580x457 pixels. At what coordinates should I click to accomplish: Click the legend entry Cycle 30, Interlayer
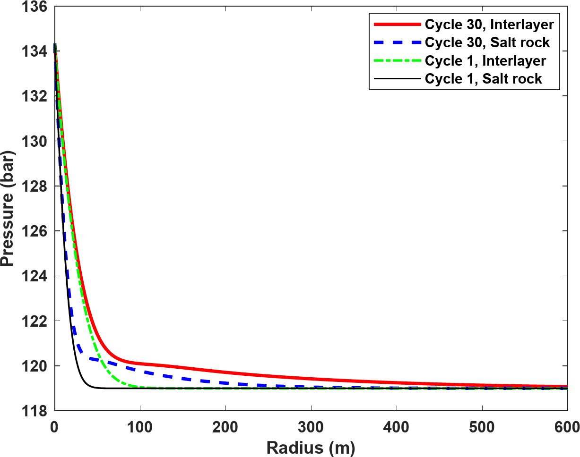click(x=489, y=24)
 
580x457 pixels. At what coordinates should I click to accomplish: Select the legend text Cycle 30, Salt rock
click(x=487, y=42)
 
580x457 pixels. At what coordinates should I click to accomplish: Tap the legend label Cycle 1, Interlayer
click(x=485, y=61)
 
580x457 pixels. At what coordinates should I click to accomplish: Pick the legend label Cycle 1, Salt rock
click(x=484, y=79)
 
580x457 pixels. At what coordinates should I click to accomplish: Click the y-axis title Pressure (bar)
click(x=8, y=209)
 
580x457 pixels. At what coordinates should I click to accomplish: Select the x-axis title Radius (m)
click(x=311, y=447)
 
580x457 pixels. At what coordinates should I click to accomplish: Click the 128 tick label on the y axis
click(x=35, y=186)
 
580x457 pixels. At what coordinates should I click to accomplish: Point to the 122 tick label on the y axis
click(x=35, y=321)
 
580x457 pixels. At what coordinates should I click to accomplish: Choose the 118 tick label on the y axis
click(x=35, y=410)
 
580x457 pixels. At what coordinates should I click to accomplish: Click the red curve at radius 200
click(x=225, y=373)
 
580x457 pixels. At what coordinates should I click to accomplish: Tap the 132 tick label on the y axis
click(x=35, y=97)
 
